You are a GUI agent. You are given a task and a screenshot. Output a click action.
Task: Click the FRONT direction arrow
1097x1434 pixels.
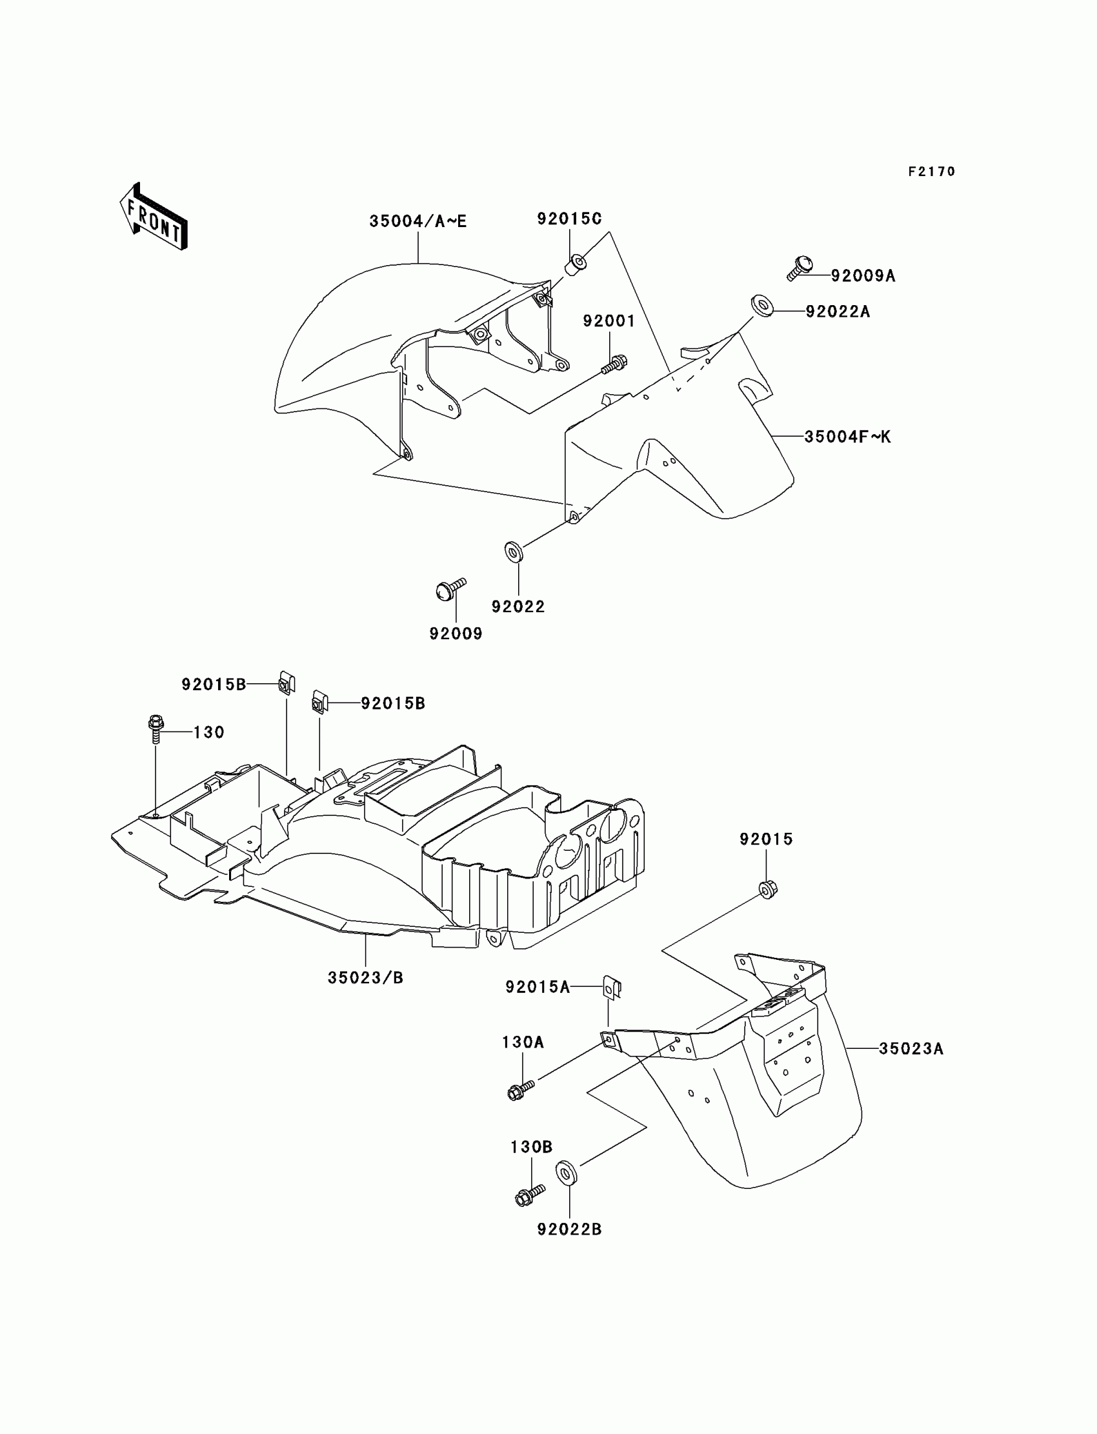point(154,217)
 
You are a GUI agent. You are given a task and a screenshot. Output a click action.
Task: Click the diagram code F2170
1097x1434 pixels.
point(931,172)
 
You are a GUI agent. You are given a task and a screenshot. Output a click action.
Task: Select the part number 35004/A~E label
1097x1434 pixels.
point(418,221)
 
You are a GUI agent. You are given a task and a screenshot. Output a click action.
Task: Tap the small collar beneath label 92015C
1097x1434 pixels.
point(574,266)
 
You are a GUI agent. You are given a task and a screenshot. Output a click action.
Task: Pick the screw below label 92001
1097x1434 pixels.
point(614,364)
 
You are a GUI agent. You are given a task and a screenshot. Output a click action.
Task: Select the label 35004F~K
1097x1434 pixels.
point(847,437)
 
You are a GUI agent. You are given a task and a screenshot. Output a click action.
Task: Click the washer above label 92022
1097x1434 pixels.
point(513,552)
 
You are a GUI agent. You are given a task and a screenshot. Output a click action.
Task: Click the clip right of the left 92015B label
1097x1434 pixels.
point(286,683)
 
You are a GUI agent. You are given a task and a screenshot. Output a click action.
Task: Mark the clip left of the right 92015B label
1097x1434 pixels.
point(319,702)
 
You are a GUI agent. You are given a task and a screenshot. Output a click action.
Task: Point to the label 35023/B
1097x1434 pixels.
point(366,978)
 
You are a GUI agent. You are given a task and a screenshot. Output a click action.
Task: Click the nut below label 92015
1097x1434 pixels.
point(768,889)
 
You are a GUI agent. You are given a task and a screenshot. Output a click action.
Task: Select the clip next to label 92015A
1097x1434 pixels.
point(611,988)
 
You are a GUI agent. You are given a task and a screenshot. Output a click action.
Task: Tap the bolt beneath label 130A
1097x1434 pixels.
point(520,1090)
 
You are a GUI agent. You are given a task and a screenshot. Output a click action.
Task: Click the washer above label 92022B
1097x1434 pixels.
point(566,1173)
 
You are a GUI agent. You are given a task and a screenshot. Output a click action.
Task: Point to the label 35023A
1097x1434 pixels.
point(911,1049)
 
